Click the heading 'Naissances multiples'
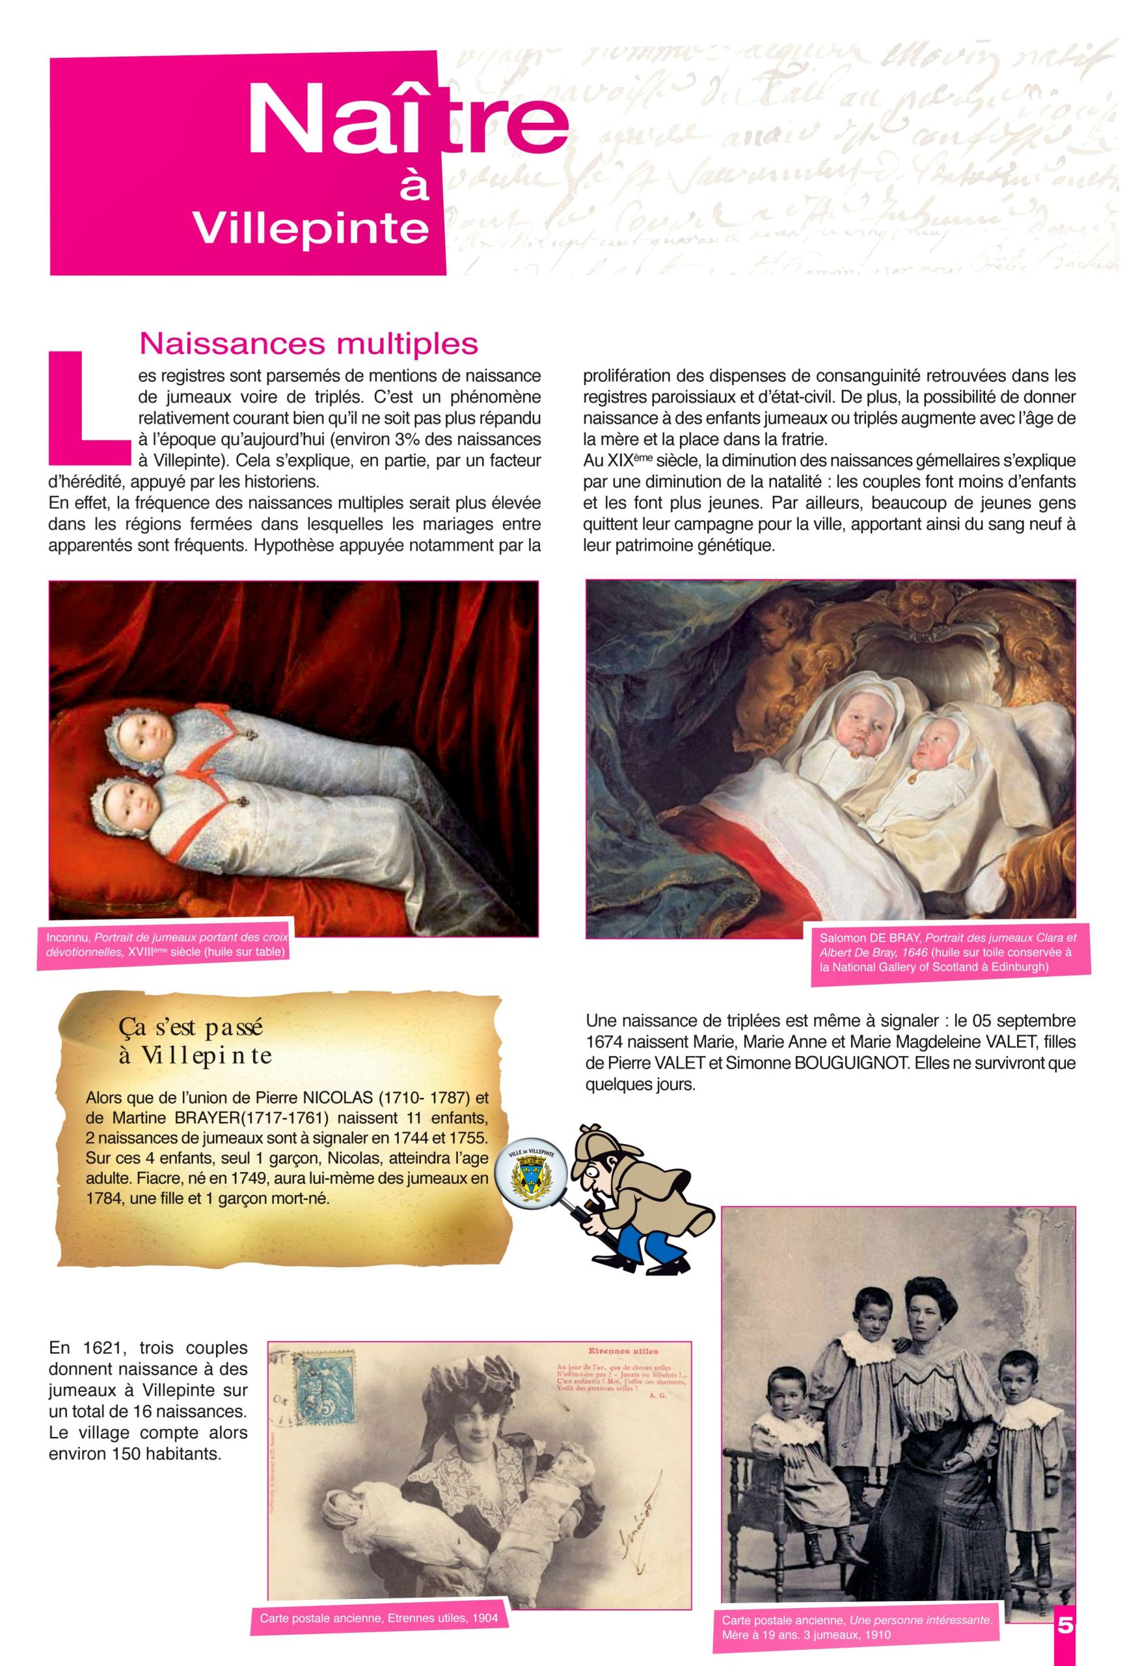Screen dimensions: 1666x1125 (309, 344)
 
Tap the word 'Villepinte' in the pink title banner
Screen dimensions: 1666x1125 (312, 226)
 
